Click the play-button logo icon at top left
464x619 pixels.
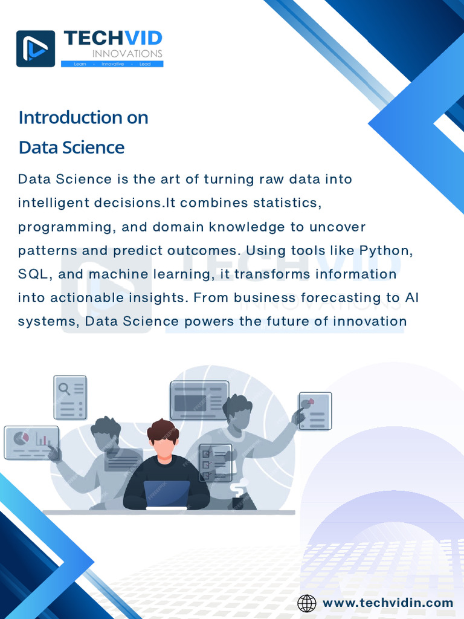(36, 48)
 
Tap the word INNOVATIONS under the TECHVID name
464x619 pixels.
(127, 53)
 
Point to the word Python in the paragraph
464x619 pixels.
(386, 251)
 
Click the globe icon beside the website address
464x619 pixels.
(306, 603)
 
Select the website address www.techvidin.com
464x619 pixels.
(388, 603)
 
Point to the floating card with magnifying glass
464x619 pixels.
(70, 397)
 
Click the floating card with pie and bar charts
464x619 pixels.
(31, 442)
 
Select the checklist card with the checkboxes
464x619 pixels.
(216, 462)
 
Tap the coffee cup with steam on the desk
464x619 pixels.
(240, 495)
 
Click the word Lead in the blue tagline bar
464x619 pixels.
(145, 64)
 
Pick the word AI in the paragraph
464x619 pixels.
(412, 298)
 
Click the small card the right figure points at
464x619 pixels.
(315, 411)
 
